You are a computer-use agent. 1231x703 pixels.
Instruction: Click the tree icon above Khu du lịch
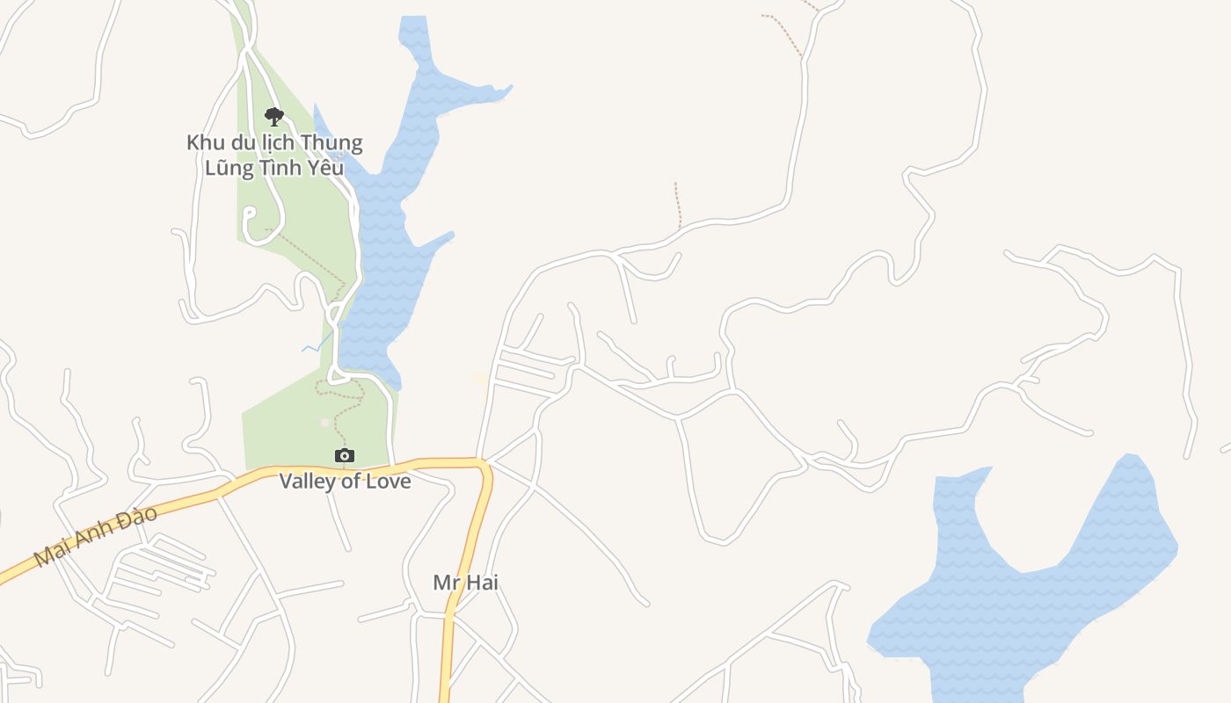(274, 116)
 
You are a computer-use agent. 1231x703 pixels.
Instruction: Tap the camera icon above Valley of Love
(345, 455)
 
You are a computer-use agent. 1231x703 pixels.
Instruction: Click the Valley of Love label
(345, 482)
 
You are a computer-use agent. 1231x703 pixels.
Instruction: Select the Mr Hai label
(465, 582)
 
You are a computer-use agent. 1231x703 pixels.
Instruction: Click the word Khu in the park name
(203, 142)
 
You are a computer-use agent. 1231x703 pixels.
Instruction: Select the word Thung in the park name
(331, 142)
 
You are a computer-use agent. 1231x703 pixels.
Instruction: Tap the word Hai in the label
(484, 582)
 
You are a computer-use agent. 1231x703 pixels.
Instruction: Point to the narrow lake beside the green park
(387, 264)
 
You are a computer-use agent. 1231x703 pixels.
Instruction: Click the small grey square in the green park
(324, 423)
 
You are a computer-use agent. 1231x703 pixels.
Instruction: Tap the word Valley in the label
(309, 482)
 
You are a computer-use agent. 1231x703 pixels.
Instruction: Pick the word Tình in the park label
(283, 167)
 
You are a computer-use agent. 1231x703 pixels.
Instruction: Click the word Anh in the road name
(97, 535)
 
